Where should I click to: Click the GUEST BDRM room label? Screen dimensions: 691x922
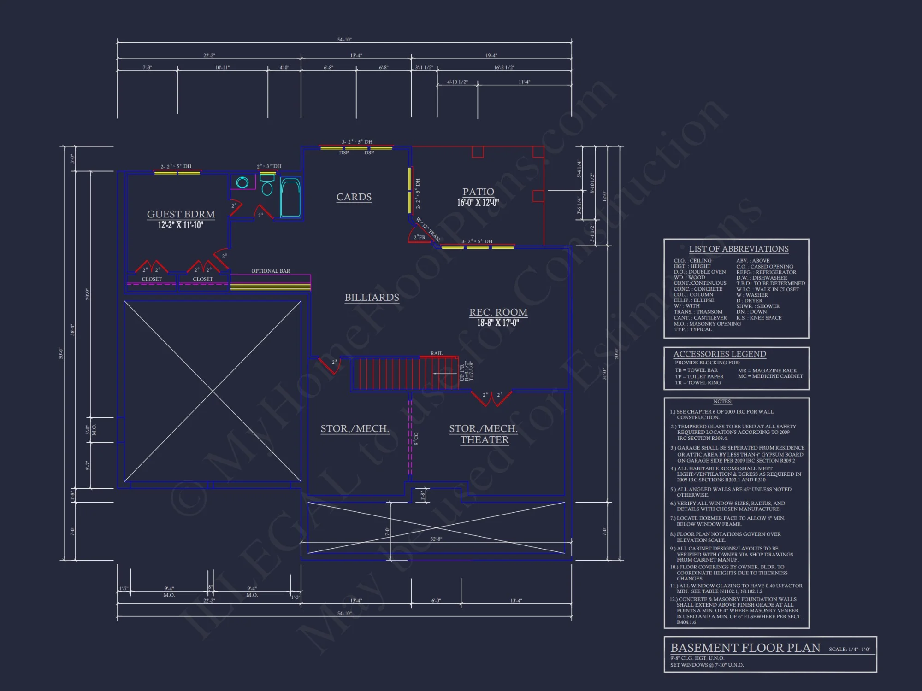(x=181, y=214)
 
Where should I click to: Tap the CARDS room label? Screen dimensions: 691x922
(x=354, y=197)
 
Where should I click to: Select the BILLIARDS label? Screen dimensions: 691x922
(x=372, y=298)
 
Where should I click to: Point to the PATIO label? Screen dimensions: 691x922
(x=478, y=192)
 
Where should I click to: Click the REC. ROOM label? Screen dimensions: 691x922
(x=498, y=312)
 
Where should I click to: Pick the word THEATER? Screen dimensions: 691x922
(x=484, y=440)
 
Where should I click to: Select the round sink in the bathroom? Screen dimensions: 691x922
(x=242, y=182)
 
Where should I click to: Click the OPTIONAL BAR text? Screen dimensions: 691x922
(x=271, y=271)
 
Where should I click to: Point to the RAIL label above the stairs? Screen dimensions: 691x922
(x=436, y=353)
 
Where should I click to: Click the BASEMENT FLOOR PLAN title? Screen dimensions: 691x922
(x=745, y=648)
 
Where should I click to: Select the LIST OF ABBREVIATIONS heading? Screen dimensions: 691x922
(x=739, y=249)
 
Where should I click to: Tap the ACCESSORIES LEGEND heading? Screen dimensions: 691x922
(x=719, y=354)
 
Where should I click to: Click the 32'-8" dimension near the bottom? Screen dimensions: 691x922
(x=436, y=539)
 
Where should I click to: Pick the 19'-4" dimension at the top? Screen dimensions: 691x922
(x=491, y=55)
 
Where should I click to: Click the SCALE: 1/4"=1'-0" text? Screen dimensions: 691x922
(x=849, y=650)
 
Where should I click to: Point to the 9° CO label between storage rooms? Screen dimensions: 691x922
(x=416, y=439)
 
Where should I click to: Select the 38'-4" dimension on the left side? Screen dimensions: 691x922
(x=72, y=330)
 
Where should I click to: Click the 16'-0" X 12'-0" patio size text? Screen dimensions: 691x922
(x=478, y=203)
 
